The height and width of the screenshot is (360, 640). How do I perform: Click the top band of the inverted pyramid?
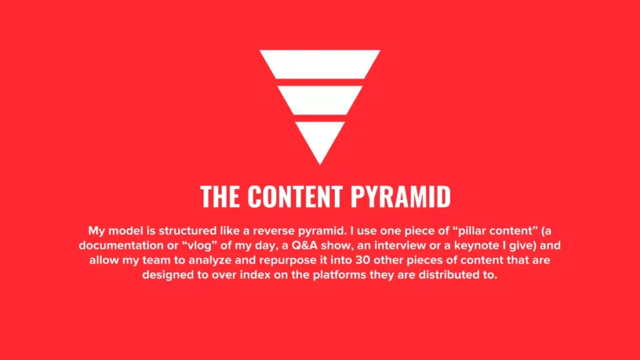click(x=320, y=64)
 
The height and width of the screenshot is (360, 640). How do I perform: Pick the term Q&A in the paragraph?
click(x=308, y=244)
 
